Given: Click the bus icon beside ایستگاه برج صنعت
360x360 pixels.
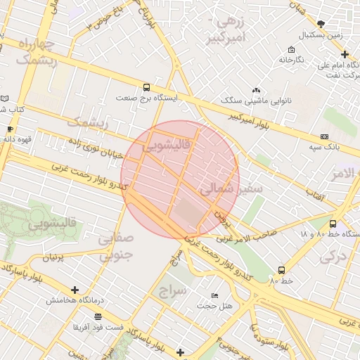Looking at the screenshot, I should pos(146,88).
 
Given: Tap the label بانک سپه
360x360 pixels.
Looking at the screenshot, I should pos(324,147).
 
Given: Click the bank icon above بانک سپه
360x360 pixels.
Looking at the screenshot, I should pos(324,136).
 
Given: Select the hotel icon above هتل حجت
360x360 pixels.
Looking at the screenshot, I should pos(214,295).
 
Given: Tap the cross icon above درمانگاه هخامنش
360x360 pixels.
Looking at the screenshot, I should pos(75,290).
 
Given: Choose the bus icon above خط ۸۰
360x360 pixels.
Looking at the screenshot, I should pos(281,270).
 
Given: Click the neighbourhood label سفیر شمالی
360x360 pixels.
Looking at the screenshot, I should pos(231,189).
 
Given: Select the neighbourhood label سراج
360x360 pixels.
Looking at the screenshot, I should pos(172,289).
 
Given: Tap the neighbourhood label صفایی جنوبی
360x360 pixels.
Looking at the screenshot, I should pos(114,247).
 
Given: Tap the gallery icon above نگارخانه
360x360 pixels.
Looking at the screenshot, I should pos(291,50).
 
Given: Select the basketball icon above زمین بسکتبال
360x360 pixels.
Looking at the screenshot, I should pos(321,24).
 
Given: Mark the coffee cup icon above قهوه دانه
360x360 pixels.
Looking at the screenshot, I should pos(10,129).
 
